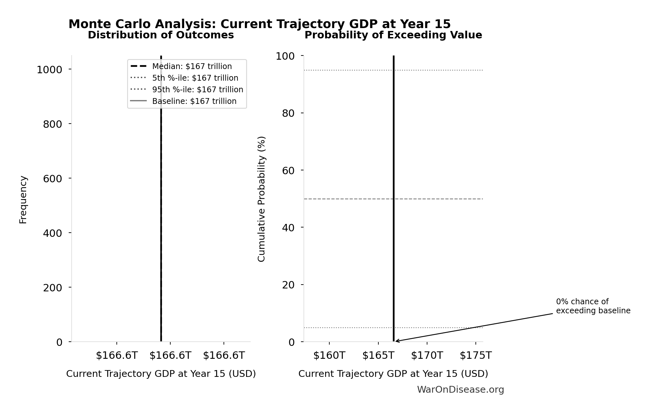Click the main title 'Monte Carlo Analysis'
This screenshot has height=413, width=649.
[x=259, y=24]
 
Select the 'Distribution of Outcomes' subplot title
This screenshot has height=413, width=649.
[x=161, y=35]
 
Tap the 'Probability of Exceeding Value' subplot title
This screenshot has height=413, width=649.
[x=393, y=35]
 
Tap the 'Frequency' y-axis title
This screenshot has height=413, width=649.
[x=23, y=199]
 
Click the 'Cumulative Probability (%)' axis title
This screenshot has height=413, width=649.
[x=262, y=199]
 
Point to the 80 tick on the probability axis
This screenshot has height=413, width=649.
[x=288, y=113]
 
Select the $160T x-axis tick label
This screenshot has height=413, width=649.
[x=329, y=356]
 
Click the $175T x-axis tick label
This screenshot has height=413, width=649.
[x=475, y=356]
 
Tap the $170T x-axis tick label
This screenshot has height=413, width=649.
[x=427, y=356]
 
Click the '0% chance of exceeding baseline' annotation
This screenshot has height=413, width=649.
[x=593, y=306]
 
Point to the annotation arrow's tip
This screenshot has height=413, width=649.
[x=396, y=341]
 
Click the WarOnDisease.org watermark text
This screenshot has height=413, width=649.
[x=460, y=390]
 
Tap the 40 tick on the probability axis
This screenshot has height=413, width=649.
[x=288, y=228]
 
